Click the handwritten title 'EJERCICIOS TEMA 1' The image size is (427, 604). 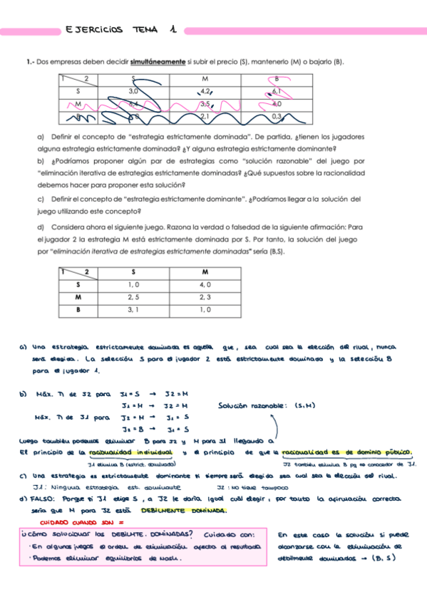[120, 31]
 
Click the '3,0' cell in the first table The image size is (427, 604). [133, 91]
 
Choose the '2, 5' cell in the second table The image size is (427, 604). [133, 297]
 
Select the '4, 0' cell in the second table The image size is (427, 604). [205, 285]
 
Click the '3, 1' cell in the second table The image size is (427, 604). [133, 310]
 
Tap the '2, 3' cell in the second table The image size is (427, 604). [205, 297]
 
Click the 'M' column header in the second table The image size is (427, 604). [205, 272]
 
